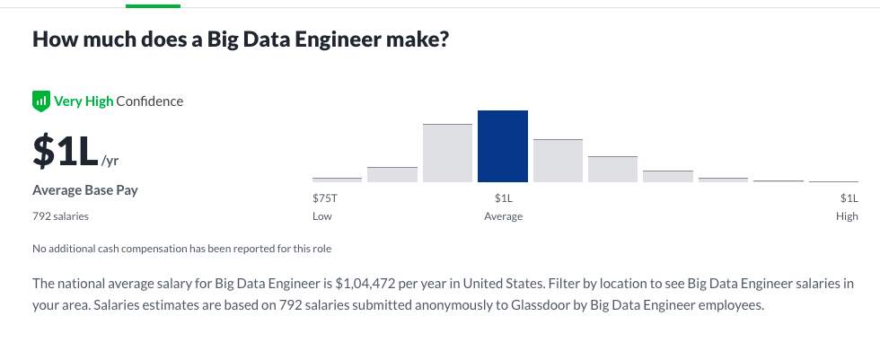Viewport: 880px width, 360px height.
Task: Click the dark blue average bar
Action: pyautogui.click(x=503, y=146)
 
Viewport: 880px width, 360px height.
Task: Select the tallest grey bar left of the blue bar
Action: pyautogui.click(x=447, y=153)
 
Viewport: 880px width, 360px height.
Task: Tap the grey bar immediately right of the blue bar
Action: pyautogui.click(x=558, y=161)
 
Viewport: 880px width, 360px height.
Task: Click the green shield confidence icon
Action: pyautogui.click(x=40, y=101)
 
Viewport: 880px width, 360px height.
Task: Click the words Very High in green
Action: pyautogui.click(x=84, y=101)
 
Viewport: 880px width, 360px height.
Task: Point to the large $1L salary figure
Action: pyautogui.click(x=65, y=152)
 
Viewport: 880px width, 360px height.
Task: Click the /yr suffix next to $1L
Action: pyautogui.click(x=110, y=161)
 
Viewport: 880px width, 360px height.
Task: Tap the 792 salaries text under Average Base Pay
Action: pyautogui.click(x=60, y=216)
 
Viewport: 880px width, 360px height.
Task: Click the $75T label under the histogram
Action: pyautogui.click(x=324, y=198)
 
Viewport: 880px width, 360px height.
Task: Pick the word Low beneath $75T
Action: pyautogui.click(x=321, y=216)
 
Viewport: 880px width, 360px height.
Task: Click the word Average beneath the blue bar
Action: pyautogui.click(x=503, y=216)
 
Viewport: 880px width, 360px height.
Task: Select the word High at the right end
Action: pyautogui.click(x=846, y=216)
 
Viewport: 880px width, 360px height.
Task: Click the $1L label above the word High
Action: pyautogui.click(x=849, y=198)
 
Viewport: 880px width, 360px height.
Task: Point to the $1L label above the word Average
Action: pyautogui.click(x=503, y=198)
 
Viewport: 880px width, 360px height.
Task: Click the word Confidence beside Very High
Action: pyautogui.click(x=150, y=101)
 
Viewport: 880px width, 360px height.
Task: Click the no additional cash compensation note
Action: pyautogui.click(x=182, y=249)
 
